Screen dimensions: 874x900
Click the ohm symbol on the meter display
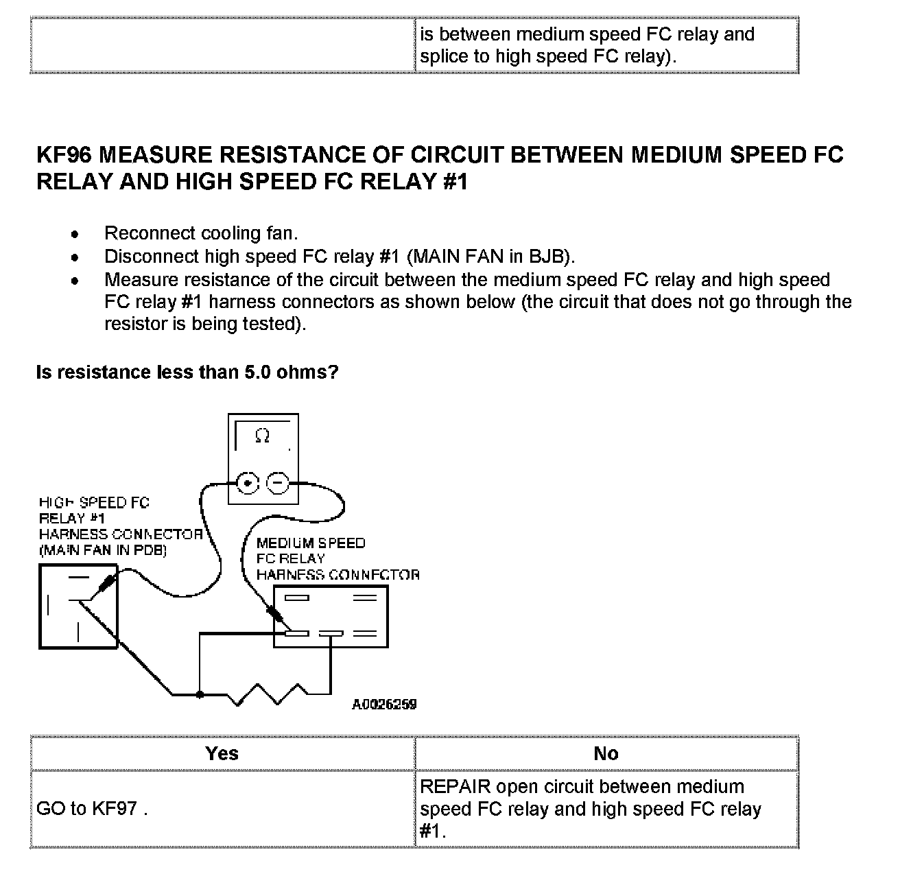[x=262, y=436]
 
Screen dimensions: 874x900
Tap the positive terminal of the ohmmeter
[x=247, y=484]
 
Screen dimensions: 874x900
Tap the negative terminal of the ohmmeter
[x=277, y=484]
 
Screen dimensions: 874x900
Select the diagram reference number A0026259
[x=384, y=705]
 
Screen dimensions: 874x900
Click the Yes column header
[x=222, y=753]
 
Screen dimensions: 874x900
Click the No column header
[x=606, y=753]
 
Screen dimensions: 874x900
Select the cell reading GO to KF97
[x=92, y=808]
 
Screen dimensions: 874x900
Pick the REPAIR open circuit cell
[x=590, y=808]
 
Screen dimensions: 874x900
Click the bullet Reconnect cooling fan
[x=200, y=233]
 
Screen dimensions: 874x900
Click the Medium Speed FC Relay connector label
[x=336, y=558]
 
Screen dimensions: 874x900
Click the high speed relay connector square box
[x=78, y=606]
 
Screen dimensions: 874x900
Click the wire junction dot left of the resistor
[x=200, y=695]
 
